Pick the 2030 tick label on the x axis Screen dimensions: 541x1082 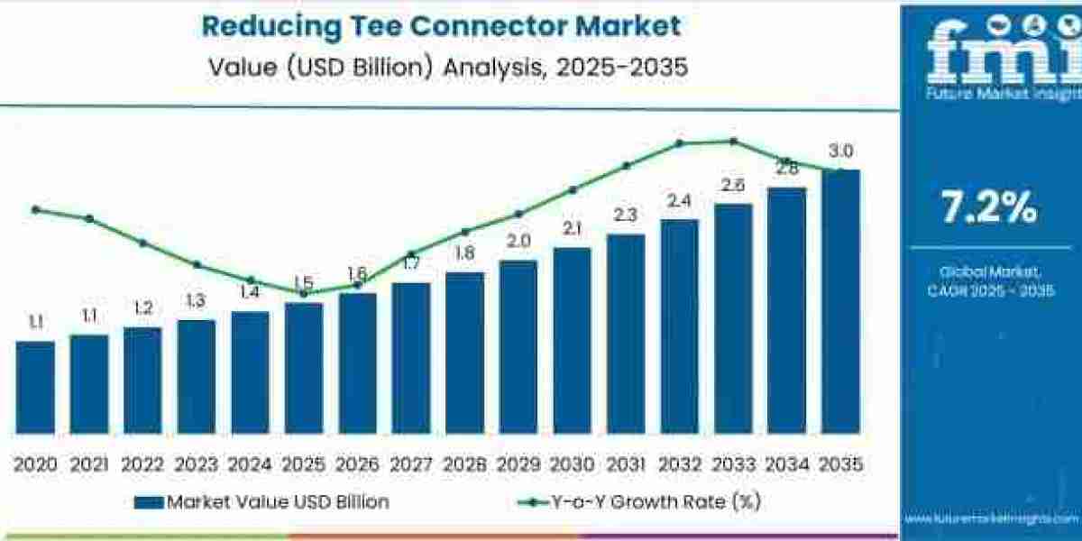(x=572, y=464)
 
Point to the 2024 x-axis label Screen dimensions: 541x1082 (x=250, y=464)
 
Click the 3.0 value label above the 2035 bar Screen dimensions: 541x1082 (x=841, y=151)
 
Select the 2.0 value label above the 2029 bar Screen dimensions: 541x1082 (x=518, y=242)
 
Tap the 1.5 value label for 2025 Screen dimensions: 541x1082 (x=303, y=282)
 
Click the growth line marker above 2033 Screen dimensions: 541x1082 (x=734, y=141)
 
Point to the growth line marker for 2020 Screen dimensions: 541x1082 (x=35, y=209)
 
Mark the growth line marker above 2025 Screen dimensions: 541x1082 (x=304, y=293)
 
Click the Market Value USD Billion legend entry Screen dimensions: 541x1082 (x=261, y=502)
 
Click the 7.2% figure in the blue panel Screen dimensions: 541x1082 (x=989, y=209)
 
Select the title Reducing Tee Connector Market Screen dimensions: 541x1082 (x=441, y=25)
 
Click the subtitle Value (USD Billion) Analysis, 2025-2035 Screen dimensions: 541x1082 (x=441, y=68)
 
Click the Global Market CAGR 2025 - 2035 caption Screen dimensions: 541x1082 (x=989, y=280)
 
